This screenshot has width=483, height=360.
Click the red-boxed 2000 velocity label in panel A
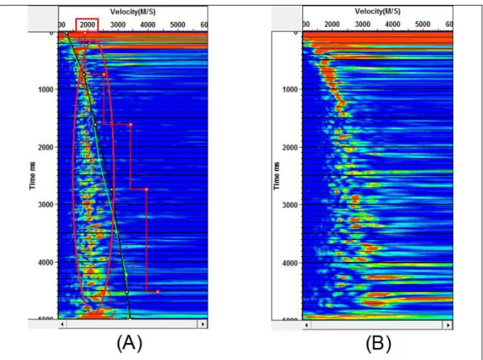pos(88,24)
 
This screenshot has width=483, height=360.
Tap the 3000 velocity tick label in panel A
pos(118,24)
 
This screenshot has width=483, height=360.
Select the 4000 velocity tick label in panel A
pos(147,24)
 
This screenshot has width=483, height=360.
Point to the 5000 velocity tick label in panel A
pos(177,24)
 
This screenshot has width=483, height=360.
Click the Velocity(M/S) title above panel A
pos(133,12)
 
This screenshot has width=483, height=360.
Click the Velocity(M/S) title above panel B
pos(378,11)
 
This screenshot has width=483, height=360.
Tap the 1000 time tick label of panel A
pos(45,89)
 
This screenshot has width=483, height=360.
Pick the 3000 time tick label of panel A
pos(45,204)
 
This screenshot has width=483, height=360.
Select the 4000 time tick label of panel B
pos(290,263)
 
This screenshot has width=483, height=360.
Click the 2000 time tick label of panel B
pos(290,148)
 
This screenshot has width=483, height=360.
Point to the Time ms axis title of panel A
pos(32,176)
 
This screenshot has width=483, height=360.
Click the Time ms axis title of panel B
pos(276,176)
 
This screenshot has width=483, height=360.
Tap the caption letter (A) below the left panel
pos(130,343)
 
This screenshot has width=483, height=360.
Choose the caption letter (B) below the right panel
pos(378,343)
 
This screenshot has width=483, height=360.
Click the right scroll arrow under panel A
pos(203,324)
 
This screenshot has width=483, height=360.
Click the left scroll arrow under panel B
pos(306,325)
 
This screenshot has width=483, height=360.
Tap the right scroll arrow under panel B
pos(448,325)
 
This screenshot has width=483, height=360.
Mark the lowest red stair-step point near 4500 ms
pos(158,292)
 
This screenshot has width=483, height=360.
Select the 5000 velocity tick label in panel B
pos(422,24)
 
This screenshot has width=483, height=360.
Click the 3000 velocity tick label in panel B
pos(362,24)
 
